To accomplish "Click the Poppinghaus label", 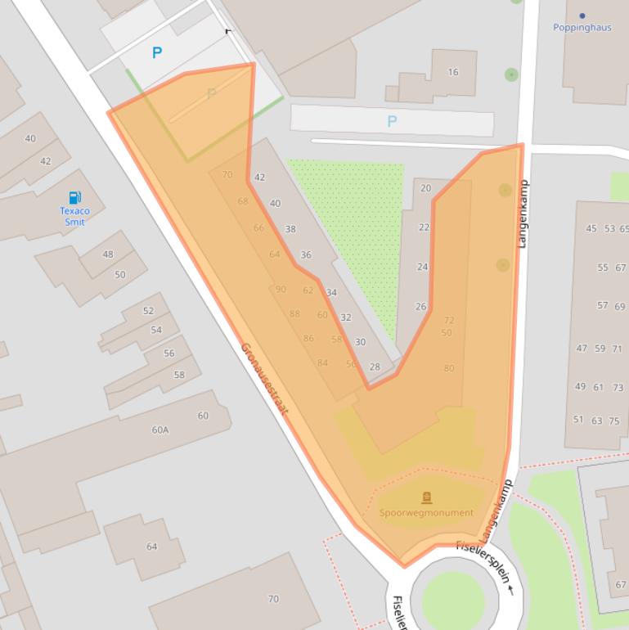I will (x=582, y=27).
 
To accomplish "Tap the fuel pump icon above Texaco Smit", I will (x=74, y=197).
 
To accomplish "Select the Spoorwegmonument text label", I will (x=426, y=513).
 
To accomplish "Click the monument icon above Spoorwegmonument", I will (x=426, y=497).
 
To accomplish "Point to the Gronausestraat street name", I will (x=264, y=379).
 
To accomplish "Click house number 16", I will (x=452, y=72).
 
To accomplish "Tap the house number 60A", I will (x=159, y=430).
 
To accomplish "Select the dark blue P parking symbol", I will (x=156, y=53).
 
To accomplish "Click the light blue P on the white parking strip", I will (x=392, y=122).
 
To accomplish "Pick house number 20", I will (x=425, y=188).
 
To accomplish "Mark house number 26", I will (x=420, y=307).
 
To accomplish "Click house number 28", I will (x=375, y=367).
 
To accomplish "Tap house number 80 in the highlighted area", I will (x=448, y=368).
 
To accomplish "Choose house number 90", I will (x=281, y=290).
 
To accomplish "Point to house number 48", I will (x=108, y=254).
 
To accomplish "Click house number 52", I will (x=148, y=311).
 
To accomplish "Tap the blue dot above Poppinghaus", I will (x=582, y=16).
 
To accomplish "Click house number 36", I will (x=305, y=255).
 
